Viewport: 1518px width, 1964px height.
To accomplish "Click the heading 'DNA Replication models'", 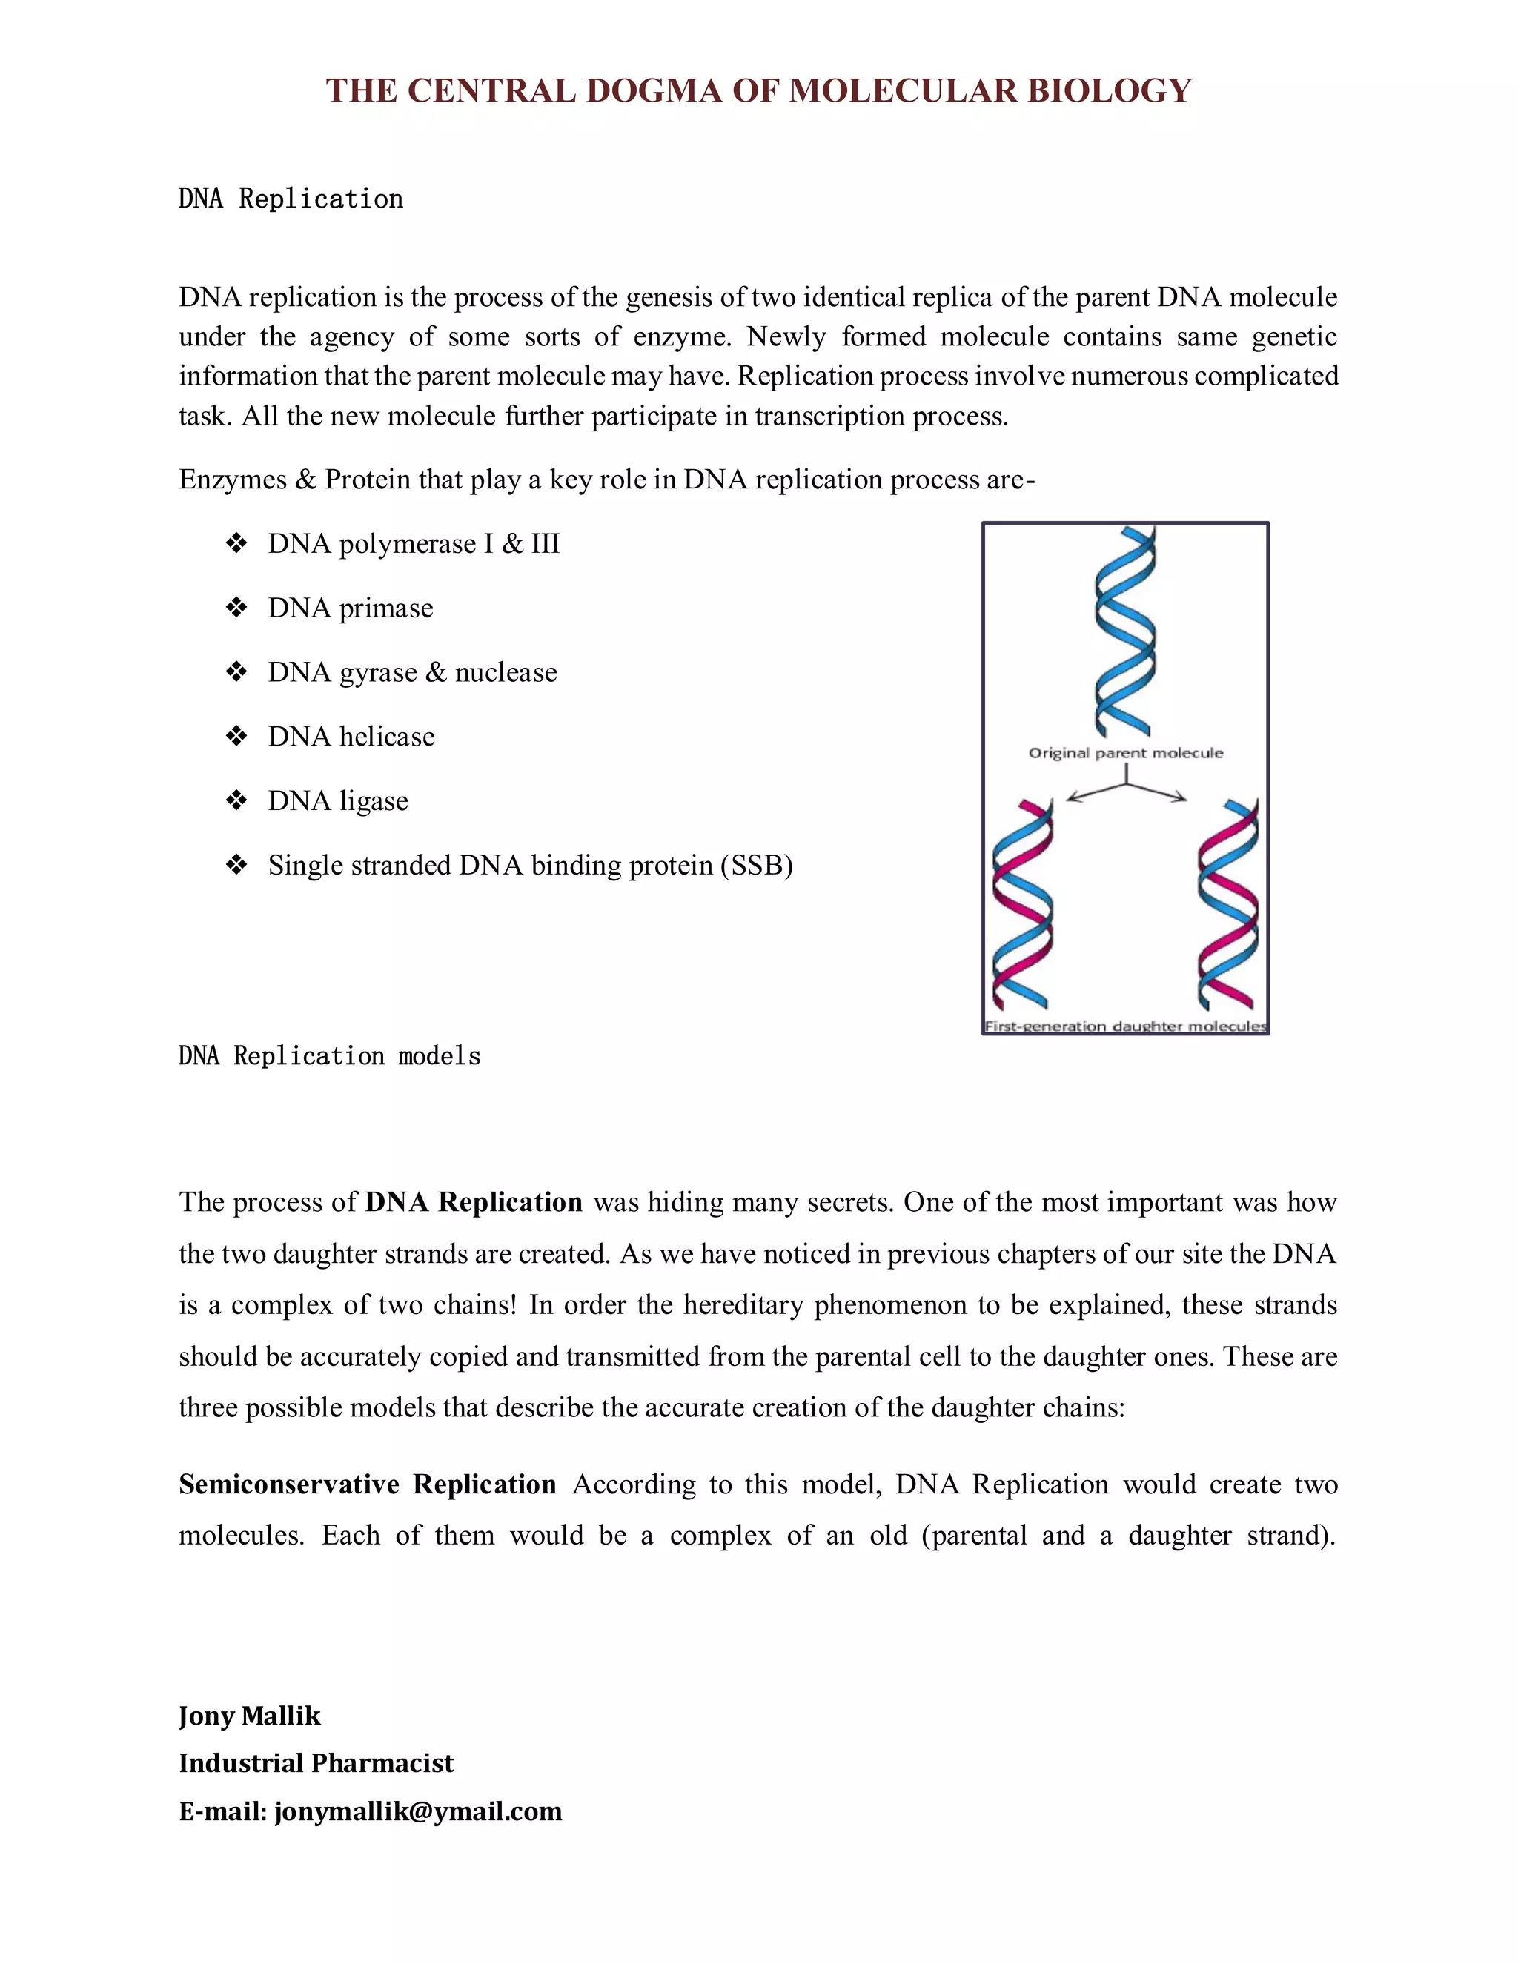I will [x=329, y=1055].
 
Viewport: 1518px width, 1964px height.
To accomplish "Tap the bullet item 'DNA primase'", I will [x=350, y=608].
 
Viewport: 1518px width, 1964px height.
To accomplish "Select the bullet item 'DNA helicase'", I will [x=351, y=737].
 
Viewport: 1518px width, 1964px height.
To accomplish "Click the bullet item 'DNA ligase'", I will [x=337, y=801].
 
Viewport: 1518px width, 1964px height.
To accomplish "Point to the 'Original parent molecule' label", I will [x=1125, y=753].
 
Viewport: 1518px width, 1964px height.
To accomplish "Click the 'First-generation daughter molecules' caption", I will [x=1125, y=1026].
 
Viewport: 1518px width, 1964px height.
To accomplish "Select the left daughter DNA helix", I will [x=1021, y=903].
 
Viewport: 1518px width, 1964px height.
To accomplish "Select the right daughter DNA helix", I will [x=1227, y=903].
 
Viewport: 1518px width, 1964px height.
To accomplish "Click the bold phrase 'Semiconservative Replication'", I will [x=367, y=1484].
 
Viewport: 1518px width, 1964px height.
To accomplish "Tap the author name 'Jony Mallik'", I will [x=249, y=1716].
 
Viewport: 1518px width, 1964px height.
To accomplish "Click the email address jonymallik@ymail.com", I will [x=418, y=1811].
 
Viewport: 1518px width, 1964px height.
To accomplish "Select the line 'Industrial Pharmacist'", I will [x=316, y=1763].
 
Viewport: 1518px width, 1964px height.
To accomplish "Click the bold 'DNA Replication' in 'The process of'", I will [x=473, y=1202].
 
